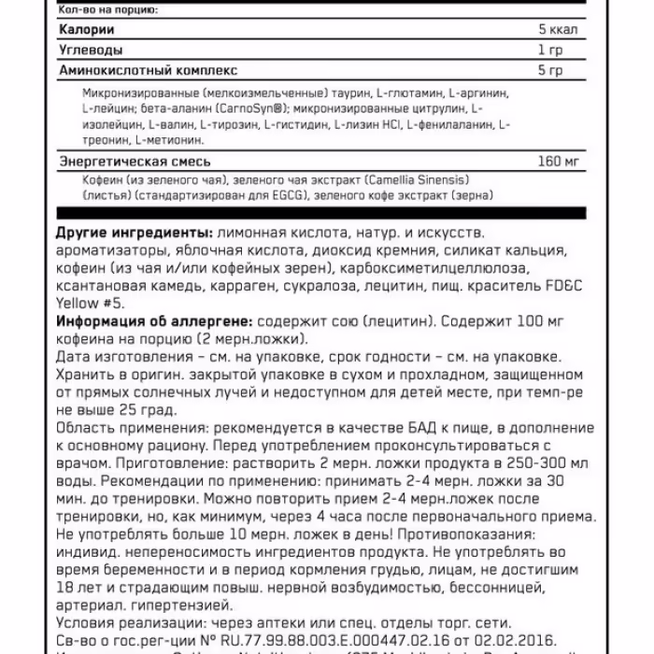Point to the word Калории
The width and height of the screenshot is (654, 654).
click(x=82, y=29)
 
